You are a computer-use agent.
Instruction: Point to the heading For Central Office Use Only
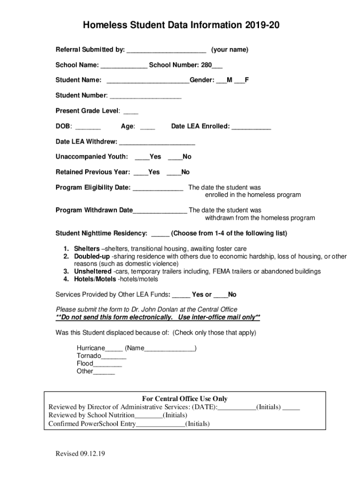[185, 399]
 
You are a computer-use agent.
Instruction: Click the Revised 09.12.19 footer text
[80, 454]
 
